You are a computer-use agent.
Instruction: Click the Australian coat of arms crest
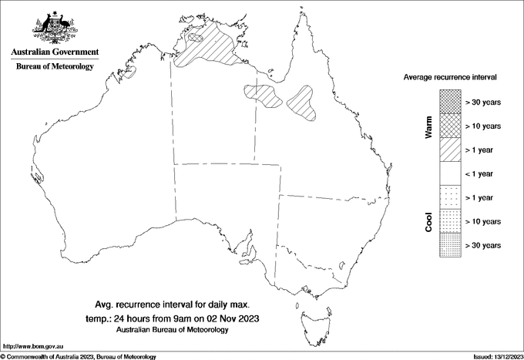54,28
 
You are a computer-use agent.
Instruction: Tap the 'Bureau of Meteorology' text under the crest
55,67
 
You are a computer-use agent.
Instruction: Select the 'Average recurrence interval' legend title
450,78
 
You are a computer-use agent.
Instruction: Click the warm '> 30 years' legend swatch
450,101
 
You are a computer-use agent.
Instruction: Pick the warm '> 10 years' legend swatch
450,125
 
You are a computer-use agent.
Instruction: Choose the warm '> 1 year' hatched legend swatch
450,149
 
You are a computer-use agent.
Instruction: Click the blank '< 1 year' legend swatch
450,173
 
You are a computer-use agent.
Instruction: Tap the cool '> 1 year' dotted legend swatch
450,197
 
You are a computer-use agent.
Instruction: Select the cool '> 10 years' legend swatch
450,221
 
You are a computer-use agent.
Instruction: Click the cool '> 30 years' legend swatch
450,245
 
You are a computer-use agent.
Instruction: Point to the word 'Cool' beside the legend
428,222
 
